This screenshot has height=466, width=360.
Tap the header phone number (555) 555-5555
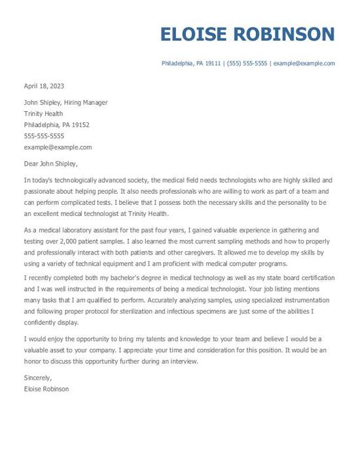(x=247, y=63)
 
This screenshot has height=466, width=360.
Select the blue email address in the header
(x=304, y=63)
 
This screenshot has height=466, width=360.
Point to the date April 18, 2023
(x=44, y=86)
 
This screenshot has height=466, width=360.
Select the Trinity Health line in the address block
(x=43, y=114)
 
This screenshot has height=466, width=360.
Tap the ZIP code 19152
(x=80, y=125)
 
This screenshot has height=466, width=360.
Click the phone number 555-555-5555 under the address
(x=44, y=136)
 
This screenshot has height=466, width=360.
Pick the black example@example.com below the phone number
(x=58, y=147)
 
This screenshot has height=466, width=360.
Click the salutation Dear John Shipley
(x=50, y=164)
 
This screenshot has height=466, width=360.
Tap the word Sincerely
(x=37, y=378)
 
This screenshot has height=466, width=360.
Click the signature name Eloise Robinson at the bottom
(x=46, y=389)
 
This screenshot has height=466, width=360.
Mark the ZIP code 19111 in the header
(x=213, y=63)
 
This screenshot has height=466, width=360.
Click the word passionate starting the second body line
(x=41, y=191)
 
